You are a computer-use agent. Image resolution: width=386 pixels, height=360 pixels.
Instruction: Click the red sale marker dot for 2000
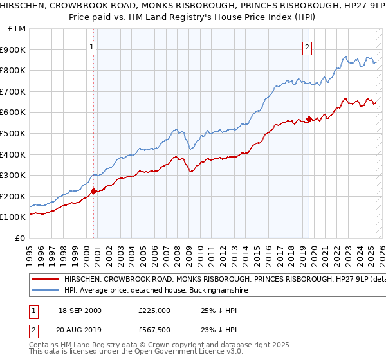[93, 190]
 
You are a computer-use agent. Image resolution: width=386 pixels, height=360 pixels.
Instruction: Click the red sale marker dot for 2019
[309, 119]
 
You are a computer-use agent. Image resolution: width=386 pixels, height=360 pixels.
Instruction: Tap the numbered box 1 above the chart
[92, 46]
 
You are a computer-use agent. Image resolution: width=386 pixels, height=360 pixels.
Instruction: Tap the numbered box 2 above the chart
[308, 46]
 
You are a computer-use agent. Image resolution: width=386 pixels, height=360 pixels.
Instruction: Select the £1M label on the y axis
[17, 29]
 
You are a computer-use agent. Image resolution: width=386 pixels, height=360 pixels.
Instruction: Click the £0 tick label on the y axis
[20, 238]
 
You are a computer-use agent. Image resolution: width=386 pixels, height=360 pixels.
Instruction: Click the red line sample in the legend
[45, 280]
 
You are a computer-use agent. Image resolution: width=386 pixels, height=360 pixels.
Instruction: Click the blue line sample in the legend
[45, 291]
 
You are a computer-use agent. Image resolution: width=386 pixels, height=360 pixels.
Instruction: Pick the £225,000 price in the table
[154, 310]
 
